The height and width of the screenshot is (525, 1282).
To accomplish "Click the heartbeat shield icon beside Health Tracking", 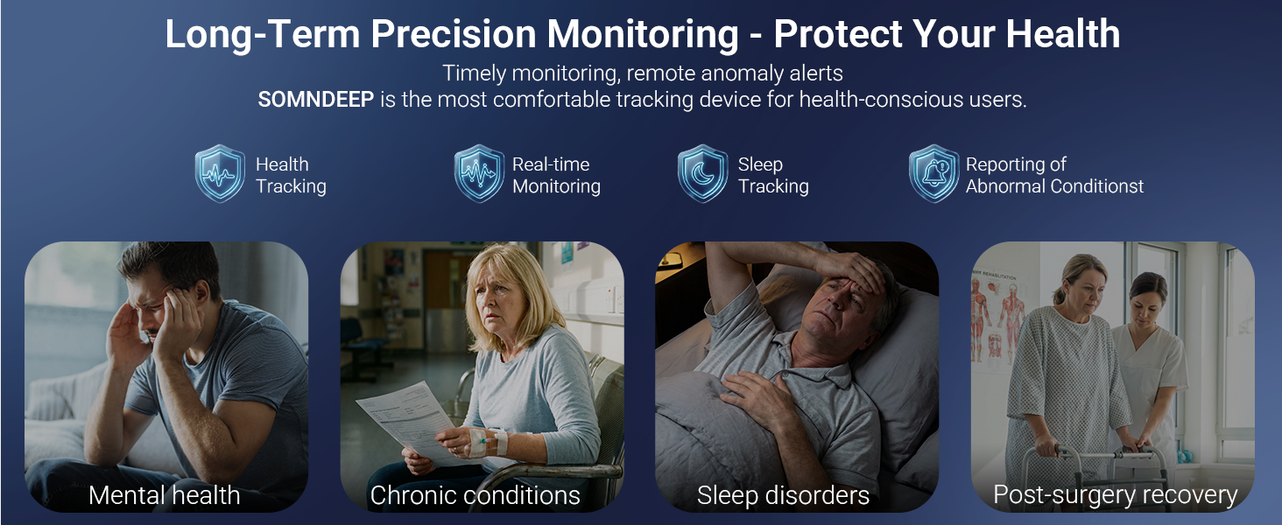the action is (220, 173).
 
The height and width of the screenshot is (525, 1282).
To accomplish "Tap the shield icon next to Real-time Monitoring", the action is (479, 173).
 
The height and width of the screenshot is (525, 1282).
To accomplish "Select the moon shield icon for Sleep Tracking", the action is (703, 173).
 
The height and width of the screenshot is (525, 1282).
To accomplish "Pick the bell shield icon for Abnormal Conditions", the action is (934, 173).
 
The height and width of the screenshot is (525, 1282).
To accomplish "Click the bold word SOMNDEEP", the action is (316, 100).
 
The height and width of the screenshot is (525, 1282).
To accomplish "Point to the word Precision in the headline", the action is (454, 34).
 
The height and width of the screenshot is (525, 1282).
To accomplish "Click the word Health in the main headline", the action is (1063, 34).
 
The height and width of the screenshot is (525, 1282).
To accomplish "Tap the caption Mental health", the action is (165, 495).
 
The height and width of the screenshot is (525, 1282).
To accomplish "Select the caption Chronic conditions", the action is (475, 495).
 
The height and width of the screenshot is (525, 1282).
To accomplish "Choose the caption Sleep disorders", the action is (783, 495).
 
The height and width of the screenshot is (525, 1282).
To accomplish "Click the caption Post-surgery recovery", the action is (1116, 495).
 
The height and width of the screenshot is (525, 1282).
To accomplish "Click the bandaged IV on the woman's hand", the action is (488, 443).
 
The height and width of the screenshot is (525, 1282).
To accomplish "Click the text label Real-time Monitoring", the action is (556, 175).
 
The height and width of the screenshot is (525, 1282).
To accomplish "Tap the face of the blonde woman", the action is (497, 297).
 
